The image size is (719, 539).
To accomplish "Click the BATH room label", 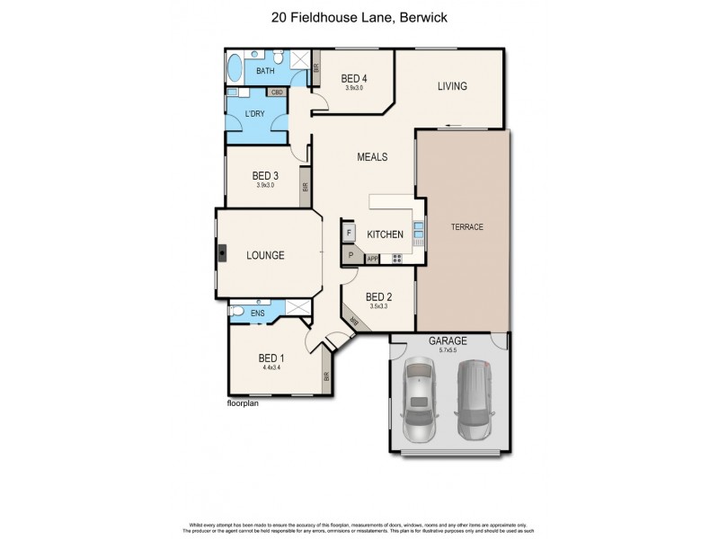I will [x=265, y=71].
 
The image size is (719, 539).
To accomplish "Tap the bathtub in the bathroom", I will [x=236, y=69].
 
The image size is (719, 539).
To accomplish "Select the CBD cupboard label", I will [x=278, y=92].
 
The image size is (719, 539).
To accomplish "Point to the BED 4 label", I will [x=354, y=79].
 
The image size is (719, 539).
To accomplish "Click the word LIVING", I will [x=452, y=86].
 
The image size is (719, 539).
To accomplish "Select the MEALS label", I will [x=372, y=157].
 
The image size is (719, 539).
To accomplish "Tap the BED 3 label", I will [x=264, y=175].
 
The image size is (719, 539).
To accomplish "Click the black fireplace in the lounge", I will [x=220, y=253].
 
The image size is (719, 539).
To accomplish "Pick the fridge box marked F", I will [x=349, y=234].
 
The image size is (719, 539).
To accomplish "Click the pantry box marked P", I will [x=350, y=256].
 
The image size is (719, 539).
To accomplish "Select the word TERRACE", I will [x=466, y=227].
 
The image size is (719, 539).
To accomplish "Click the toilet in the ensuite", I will [x=235, y=312].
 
